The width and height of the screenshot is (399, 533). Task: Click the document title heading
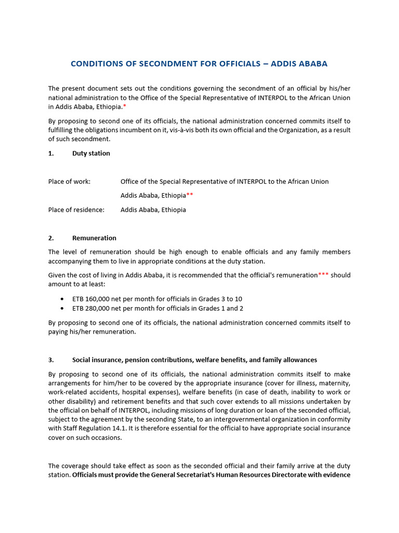(x=199, y=64)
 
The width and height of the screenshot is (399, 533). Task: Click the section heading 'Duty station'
(x=91, y=154)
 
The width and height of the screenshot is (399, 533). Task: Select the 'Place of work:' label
(x=69, y=182)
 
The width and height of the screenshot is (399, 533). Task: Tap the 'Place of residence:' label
(x=76, y=210)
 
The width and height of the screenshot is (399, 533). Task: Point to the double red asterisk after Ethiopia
(x=190, y=196)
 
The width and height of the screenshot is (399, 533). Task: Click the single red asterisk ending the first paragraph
(x=125, y=107)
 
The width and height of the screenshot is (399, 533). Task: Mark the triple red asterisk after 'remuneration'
(x=323, y=275)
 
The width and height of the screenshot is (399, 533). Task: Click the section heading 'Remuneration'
(x=94, y=238)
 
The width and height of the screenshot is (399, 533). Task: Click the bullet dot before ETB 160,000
(x=62, y=299)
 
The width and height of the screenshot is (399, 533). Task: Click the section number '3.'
(x=51, y=360)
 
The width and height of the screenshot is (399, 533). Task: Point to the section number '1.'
(x=51, y=154)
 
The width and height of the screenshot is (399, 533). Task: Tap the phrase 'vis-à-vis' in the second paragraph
(x=184, y=130)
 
